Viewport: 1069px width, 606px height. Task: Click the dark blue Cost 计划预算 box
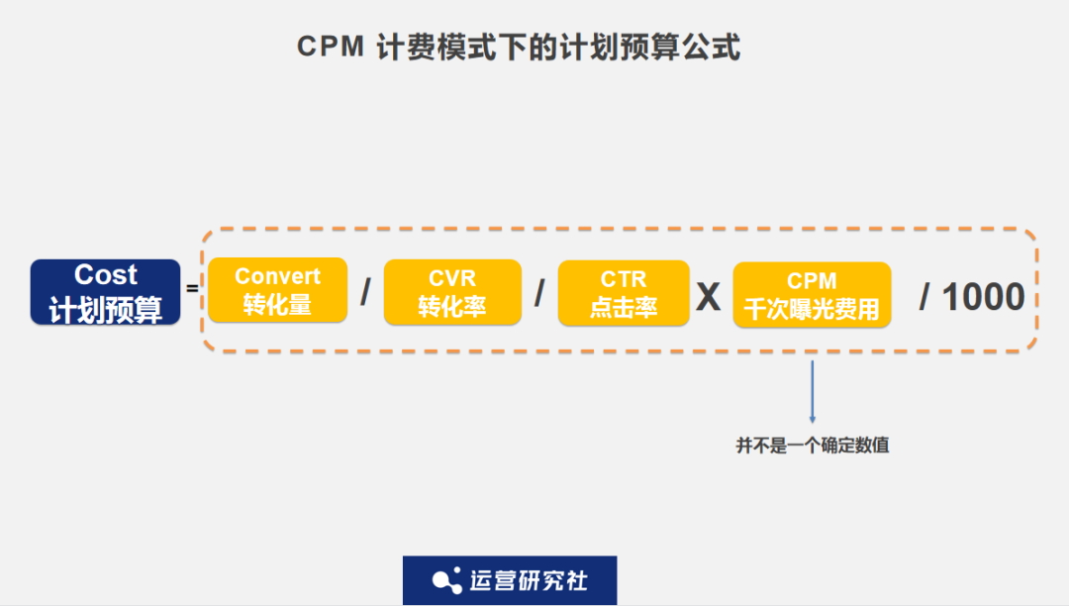click(x=105, y=292)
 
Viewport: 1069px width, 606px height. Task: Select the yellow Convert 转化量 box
click(x=277, y=290)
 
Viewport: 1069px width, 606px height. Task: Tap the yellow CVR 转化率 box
click(x=451, y=292)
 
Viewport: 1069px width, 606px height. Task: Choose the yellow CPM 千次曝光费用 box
click(x=812, y=295)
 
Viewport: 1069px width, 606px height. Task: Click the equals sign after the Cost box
click(x=193, y=289)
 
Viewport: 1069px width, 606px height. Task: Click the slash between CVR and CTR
click(x=539, y=293)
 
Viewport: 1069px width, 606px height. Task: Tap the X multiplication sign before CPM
click(x=708, y=296)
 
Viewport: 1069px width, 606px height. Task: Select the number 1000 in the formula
click(x=982, y=296)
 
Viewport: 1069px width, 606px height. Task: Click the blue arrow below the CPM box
click(x=812, y=392)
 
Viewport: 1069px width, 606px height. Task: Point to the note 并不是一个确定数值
click(x=812, y=446)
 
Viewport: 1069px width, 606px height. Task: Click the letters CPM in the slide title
click(x=331, y=48)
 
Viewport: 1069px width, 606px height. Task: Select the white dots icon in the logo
click(x=447, y=580)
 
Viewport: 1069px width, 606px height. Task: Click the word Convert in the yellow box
click(x=277, y=277)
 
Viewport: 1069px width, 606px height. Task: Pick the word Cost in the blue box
click(x=106, y=275)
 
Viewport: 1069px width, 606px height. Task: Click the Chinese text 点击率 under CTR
click(x=624, y=307)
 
